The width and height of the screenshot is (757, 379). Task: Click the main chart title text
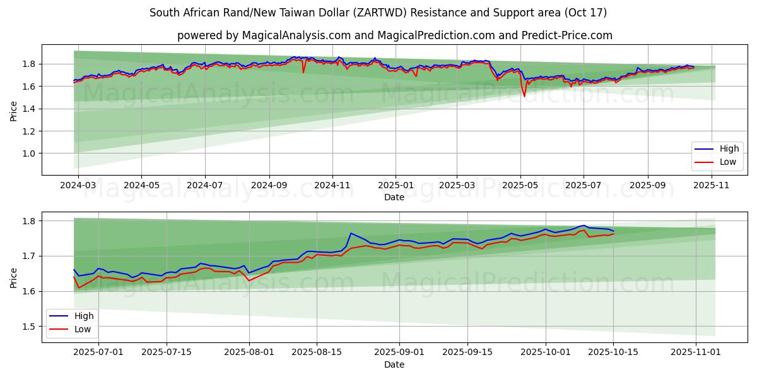coord(378,13)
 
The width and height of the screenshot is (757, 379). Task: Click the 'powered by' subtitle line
coord(395,35)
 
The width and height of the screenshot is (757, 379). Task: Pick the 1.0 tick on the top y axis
coord(27,153)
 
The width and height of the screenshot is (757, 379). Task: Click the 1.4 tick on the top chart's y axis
coord(27,109)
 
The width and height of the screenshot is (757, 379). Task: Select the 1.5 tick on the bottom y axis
coord(27,327)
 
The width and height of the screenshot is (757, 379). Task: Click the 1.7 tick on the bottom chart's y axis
coord(27,256)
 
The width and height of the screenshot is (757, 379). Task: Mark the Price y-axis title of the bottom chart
coord(14,277)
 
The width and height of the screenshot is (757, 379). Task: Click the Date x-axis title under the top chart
coord(394,198)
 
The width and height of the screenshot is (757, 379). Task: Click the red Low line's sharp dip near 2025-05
coord(524,96)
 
